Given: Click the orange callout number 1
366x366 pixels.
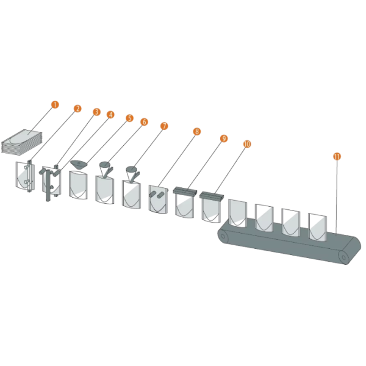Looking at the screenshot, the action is pyautogui.click(x=55, y=104).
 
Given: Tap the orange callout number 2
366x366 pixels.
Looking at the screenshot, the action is pyautogui.click(x=77, y=109).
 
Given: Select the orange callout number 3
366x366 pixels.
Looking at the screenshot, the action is pyautogui.click(x=96, y=112).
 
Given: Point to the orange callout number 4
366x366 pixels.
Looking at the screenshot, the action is pyautogui.click(x=110, y=115).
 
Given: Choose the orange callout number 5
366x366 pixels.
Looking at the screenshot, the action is pyautogui.click(x=129, y=118).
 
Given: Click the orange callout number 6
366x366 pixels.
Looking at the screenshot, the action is pyautogui.click(x=144, y=122).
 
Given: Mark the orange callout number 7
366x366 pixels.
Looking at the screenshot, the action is pyautogui.click(x=164, y=126).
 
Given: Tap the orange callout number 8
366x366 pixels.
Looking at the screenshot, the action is pyautogui.click(x=197, y=132).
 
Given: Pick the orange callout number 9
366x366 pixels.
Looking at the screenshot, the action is pyautogui.click(x=224, y=138).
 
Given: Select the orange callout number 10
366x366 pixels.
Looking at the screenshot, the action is pyautogui.click(x=247, y=144).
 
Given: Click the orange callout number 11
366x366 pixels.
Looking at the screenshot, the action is pyautogui.click(x=337, y=156).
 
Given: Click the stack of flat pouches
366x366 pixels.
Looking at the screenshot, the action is pyautogui.click(x=22, y=142).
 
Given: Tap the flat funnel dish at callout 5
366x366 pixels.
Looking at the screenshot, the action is pyautogui.click(x=79, y=165).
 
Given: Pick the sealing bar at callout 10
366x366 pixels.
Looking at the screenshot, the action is pyautogui.click(x=212, y=196).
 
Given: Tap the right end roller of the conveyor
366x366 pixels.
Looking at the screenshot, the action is pyautogui.click(x=343, y=257).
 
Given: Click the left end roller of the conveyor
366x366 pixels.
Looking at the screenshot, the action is pyautogui.click(x=223, y=236).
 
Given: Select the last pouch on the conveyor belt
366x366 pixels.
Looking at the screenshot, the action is pyautogui.click(x=317, y=227).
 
